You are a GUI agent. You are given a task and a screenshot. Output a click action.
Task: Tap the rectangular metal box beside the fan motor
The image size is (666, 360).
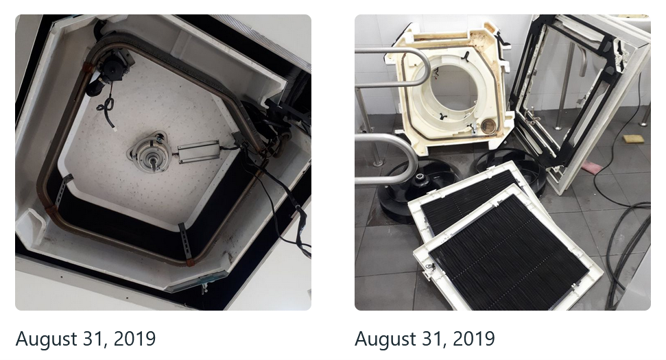199,152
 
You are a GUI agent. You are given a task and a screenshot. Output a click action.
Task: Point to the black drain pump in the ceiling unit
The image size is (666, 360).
110,68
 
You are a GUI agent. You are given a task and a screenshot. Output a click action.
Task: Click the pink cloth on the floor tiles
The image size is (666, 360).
591,167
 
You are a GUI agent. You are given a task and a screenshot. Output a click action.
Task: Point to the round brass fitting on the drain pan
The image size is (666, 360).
488,126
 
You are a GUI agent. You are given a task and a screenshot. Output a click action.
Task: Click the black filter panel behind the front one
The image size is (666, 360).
467,200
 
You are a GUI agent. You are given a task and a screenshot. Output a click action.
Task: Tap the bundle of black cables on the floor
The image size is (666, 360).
626,242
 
